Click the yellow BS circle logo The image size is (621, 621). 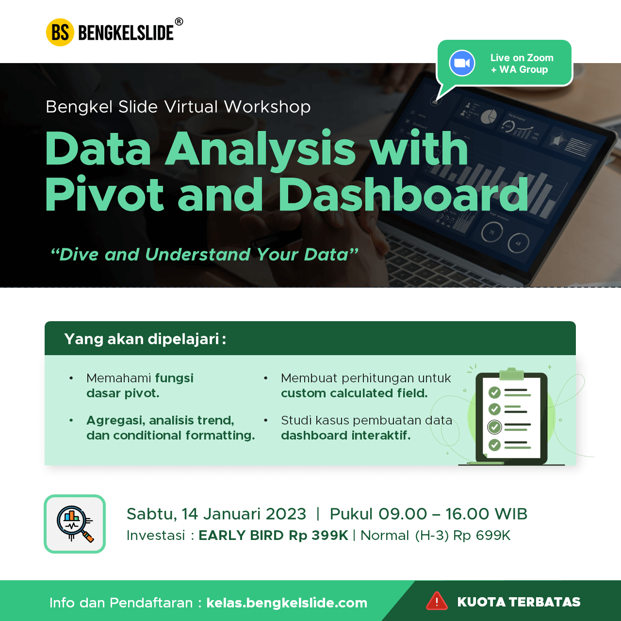(60, 33)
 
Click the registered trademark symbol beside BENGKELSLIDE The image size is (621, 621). (179, 21)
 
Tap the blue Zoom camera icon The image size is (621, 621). (462, 63)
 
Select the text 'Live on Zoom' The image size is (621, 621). (522, 58)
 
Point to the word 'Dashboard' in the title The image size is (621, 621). (403, 195)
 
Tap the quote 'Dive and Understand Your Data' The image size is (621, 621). (204, 254)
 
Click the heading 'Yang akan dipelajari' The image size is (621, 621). (145, 339)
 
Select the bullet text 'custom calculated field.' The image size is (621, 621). (354, 393)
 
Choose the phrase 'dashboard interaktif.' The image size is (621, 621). (345, 435)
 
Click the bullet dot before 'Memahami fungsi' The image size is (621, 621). (71, 378)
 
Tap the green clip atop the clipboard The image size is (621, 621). (511, 374)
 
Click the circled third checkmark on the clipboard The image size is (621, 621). (494, 427)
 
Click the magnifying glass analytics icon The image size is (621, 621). (74, 523)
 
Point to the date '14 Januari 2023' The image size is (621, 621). (244, 514)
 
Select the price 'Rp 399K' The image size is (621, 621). (318, 536)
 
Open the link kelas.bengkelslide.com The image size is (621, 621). (287, 603)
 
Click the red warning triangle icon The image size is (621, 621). (437, 602)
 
